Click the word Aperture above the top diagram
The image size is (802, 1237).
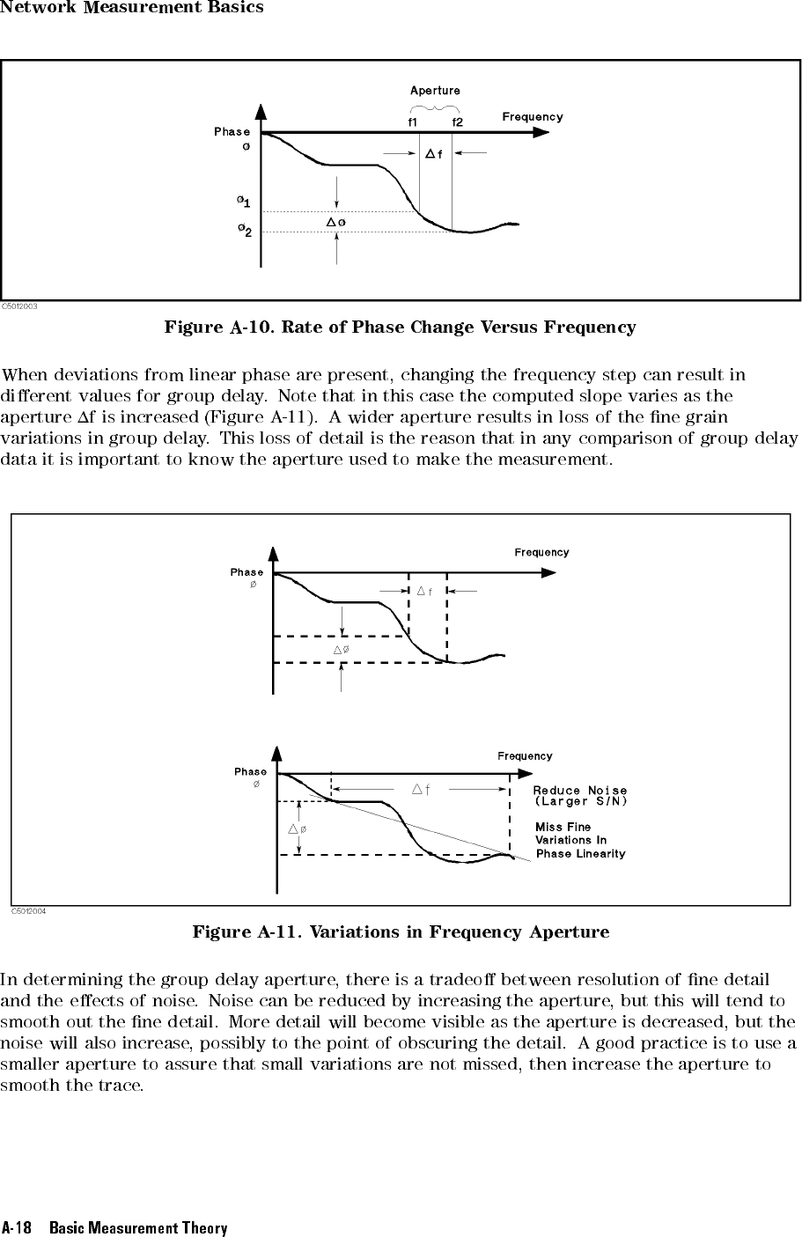point(435,91)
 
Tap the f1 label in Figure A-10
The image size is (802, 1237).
point(413,122)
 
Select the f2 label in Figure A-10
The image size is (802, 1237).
point(458,122)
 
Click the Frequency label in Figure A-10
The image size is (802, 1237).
point(532,116)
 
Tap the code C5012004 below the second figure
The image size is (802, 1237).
point(28,911)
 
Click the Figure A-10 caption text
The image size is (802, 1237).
point(400,328)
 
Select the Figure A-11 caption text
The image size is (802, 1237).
point(401,931)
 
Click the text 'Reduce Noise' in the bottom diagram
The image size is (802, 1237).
point(580,790)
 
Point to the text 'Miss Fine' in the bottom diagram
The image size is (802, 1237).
point(563,827)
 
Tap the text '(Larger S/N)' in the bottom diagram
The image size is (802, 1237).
point(580,801)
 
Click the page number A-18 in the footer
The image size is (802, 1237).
point(17,1227)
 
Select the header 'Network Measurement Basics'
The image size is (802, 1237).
point(132,8)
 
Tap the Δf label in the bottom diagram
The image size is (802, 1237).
point(421,789)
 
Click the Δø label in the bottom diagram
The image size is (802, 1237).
point(297,828)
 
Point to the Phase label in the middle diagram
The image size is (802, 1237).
point(246,572)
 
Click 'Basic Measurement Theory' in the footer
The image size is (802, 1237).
point(138,1227)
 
